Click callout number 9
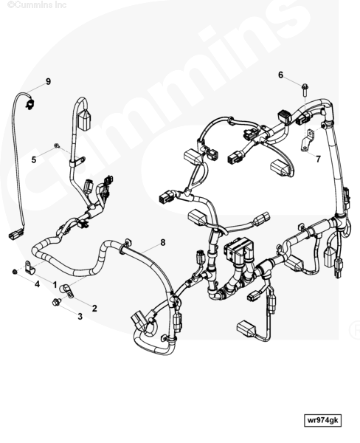(48, 81)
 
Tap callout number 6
(280, 75)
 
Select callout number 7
(318, 159)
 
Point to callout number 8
(163, 242)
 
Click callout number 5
(34, 160)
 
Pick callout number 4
(37, 284)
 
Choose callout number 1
(55, 285)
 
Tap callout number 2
(94, 308)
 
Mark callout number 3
(80, 317)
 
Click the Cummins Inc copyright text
(37, 5)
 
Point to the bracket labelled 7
(307, 140)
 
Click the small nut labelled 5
(57, 145)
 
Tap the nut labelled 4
(15, 272)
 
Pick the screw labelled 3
(57, 302)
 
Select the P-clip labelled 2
(66, 292)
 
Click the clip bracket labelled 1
(30, 267)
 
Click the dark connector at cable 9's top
(30, 103)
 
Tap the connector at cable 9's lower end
(15, 234)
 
